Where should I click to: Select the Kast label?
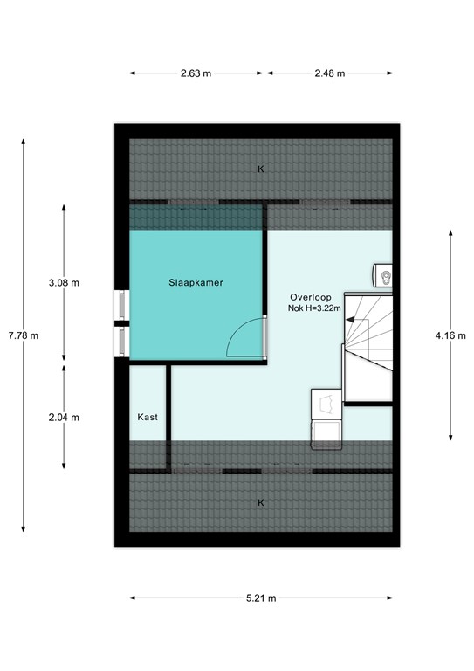click(x=148, y=418)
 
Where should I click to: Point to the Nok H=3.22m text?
click(x=313, y=308)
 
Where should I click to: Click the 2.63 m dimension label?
click(x=196, y=73)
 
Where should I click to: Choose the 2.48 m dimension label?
click(x=328, y=73)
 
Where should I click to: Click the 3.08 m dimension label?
click(x=64, y=282)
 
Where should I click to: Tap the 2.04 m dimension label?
click(x=64, y=417)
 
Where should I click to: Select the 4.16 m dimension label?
click(x=450, y=335)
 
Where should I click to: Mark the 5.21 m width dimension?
click(x=260, y=598)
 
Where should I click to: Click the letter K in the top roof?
click(x=260, y=169)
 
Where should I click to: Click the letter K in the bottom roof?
click(x=260, y=503)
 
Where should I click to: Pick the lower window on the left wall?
click(x=121, y=342)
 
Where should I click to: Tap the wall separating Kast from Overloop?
click(x=169, y=411)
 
